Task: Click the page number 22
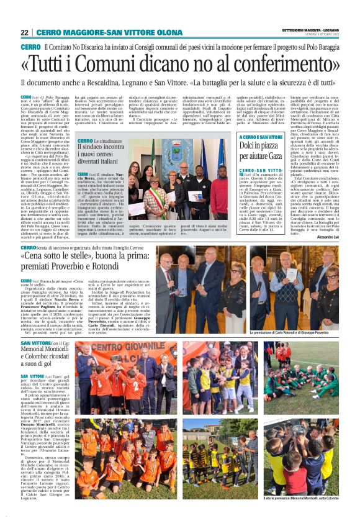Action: [x=24, y=32]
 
